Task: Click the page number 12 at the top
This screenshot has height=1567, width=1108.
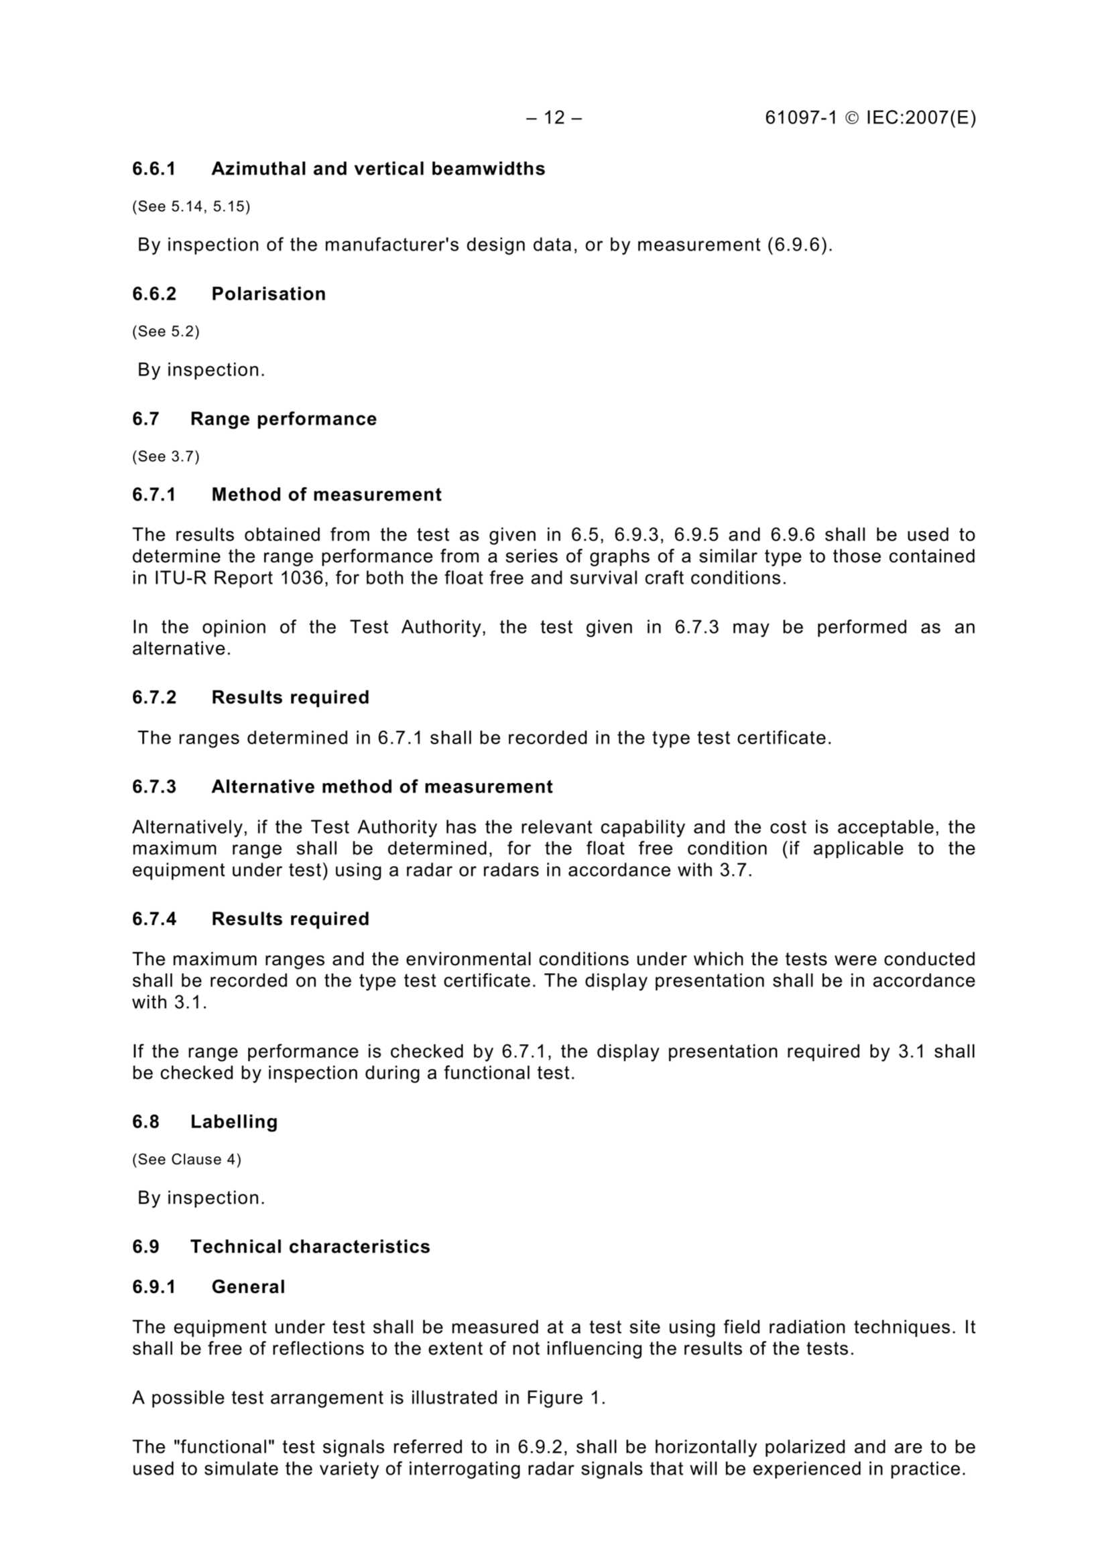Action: pyautogui.click(x=554, y=118)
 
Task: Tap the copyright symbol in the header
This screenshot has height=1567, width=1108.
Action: pyautogui.click(x=851, y=118)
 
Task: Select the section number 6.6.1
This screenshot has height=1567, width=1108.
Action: pyautogui.click(x=153, y=169)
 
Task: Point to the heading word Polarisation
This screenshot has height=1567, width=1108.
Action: pyautogui.click(x=268, y=294)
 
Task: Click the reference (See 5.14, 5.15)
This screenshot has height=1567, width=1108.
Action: pyautogui.click(x=191, y=206)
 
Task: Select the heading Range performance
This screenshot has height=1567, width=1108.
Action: pyautogui.click(x=284, y=418)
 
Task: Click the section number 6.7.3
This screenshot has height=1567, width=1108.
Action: pyautogui.click(x=153, y=786)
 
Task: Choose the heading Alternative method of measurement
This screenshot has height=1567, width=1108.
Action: pyautogui.click(x=381, y=786)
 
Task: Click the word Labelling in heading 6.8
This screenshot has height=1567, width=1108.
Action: pyautogui.click(x=233, y=1121)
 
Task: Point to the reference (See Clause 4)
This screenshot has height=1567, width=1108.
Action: pyautogui.click(x=186, y=1159)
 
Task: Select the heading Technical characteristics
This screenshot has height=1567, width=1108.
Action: pyautogui.click(x=310, y=1246)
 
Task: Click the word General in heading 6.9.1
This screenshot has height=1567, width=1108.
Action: pyautogui.click(x=248, y=1286)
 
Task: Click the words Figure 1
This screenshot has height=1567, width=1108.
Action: pyautogui.click(x=565, y=1397)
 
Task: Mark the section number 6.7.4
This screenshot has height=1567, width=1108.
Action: pyautogui.click(x=153, y=919)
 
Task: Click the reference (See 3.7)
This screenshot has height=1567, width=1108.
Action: pyautogui.click(x=166, y=456)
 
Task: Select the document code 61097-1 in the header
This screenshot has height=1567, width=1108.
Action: pyautogui.click(x=800, y=118)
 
